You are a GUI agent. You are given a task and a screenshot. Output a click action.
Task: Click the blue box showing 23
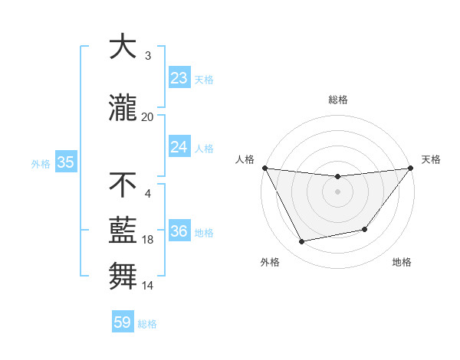[x=179, y=78]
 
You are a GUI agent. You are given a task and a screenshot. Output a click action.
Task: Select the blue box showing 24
[x=179, y=147]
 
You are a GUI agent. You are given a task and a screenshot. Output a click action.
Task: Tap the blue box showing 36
[x=179, y=231]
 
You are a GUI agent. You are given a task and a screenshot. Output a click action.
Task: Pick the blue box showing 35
[x=65, y=162]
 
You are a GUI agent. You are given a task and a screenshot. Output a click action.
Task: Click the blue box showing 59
[x=123, y=322]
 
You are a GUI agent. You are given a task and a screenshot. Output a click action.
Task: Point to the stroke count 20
[x=147, y=116]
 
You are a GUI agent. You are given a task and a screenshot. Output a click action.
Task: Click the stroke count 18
[x=148, y=240]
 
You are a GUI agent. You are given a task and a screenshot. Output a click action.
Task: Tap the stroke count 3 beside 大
[x=148, y=56]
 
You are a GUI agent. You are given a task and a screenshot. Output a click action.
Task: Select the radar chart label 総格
[x=338, y=100]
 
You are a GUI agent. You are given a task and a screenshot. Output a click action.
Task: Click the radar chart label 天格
[x=431, y=159]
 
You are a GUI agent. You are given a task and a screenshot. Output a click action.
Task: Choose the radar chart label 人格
[x=245, y=159]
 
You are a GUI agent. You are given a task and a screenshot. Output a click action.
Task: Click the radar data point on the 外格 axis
[x=302, y=242]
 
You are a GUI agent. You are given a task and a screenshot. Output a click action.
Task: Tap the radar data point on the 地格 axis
[x=365, y=229]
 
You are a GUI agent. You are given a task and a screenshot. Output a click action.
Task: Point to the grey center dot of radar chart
[x=338, y=191]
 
